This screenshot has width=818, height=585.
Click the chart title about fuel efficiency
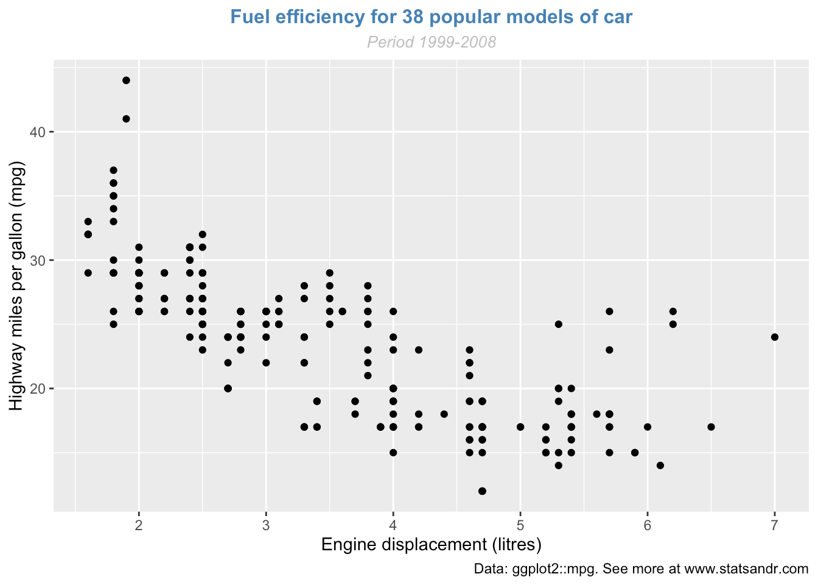coord(432,17)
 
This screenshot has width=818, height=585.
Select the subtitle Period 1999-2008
coord(432,42)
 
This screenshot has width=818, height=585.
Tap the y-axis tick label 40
coord(38,132)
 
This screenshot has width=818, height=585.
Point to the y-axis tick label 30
coord(38,260)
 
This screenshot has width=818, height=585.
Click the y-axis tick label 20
coord(38,389)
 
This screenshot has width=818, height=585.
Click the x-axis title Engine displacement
coord(432,544)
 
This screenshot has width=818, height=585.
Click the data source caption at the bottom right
coord(641,569)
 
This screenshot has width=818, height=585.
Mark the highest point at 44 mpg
coord(126,80)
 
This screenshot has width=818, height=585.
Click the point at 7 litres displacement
coord(774,337)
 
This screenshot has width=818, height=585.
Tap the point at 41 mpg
coord(126,119)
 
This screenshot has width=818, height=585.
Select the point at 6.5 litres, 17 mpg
coord(711,427)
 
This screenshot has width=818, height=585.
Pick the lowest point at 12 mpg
coord(483,491)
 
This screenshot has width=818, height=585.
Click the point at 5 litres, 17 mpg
coord(520,427)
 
